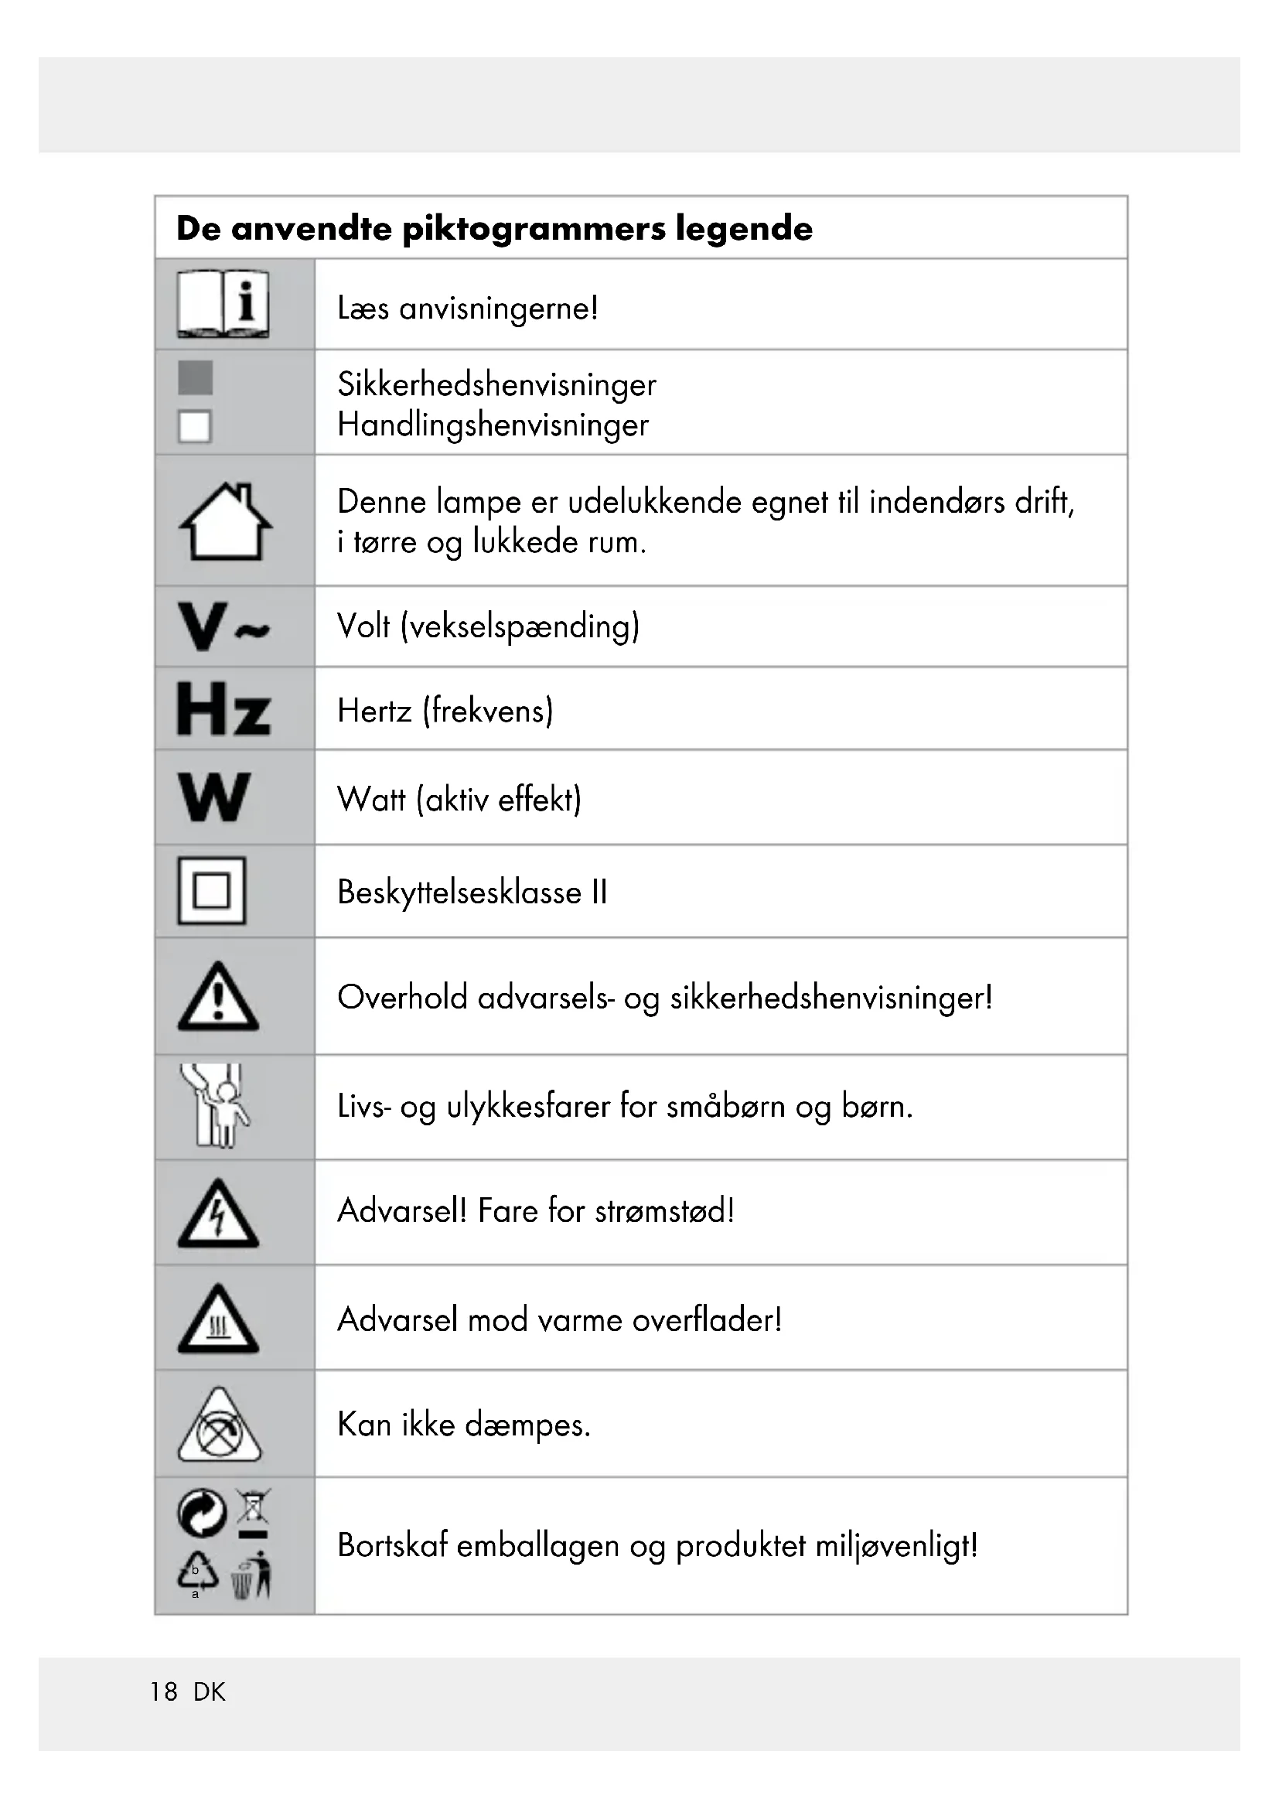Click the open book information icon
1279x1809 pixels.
pyautogui.click(x=223, y=305)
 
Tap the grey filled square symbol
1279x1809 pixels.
pyautogui.click(x=196, y=378)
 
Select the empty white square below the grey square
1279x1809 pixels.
pyautogui.click(x=195, y=427)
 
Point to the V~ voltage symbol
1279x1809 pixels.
pyautogui.click(x=223, y=627)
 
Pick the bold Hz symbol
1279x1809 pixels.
pyautogui.click(x=223, y=709)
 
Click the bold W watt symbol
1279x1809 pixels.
pyautogui.click(x=214, y=797)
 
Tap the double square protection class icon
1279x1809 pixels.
pyautogui.click(x=212, y=891)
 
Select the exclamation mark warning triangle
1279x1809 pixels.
pyautogui.click(x=218, y=997)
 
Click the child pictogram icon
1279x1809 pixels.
pyautogui.click(x=215, y=1105)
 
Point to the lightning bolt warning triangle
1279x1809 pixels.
pyautogui.click(x=218, y=1214)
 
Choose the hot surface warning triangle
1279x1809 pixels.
pyautogui.click(x=218, y=1319)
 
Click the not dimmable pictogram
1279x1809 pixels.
pyautogui.click(x=219, y=1425)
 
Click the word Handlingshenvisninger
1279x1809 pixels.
pyautogui.click(x=493, y=425)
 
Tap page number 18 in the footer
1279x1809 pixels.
pyautogui.click(x=164, y=1691)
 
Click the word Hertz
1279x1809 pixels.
pyautogui.click(x=374, y=712)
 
